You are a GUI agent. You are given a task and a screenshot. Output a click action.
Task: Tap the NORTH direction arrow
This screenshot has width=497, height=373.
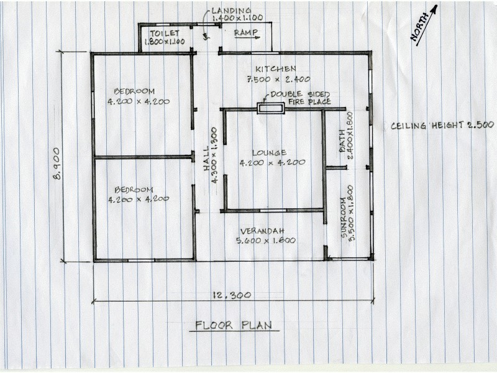pyautogui.click(x=424, y=25)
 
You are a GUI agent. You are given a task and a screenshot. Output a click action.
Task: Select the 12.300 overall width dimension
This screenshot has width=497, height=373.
pyautogui.click(x=231, y=295)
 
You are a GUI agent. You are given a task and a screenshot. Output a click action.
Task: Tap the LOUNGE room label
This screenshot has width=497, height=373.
pyautogui.click(x=269, y=152)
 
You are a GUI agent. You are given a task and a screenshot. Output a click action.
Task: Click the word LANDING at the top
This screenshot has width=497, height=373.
pyautogui.click(x=230, y=11)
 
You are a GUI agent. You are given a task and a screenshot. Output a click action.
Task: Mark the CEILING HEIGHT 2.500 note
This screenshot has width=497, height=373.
pyautogui.click(x=442, y=125)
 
